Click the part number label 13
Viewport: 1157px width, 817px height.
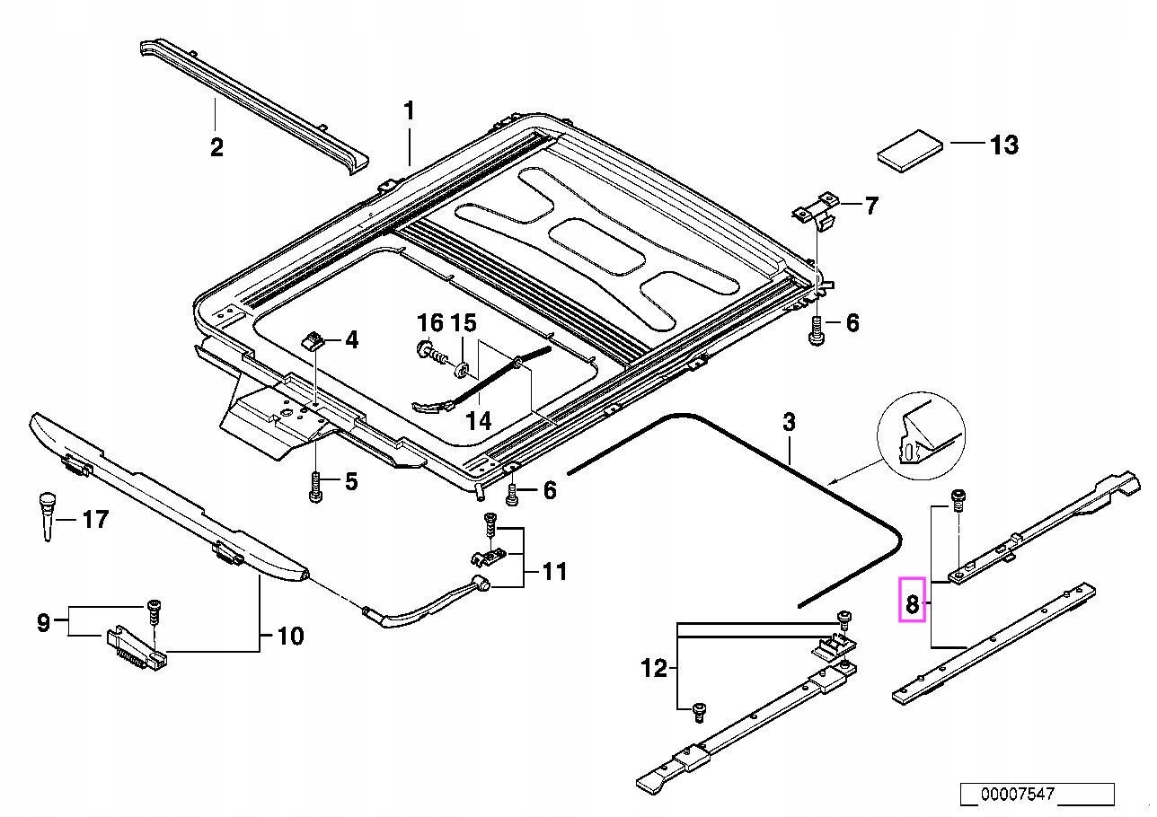click(x=1003, y=145)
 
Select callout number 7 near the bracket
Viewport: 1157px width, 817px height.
click(x=870, y=206)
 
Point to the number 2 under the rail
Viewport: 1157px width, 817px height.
click(x=216, y=146)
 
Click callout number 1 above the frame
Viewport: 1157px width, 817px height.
click(x=409, y=112)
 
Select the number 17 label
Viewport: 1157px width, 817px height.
click(x=95, y=519)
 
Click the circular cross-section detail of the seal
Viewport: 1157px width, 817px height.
click(x=923, y=435)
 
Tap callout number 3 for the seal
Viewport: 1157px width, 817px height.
click(x=789, y=422)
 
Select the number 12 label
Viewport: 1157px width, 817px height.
click(x=654, y=668)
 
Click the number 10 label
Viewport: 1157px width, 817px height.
click(x=290, y=637)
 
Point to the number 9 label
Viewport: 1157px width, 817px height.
click(x=43, y=622)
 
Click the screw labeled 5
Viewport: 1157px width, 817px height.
click(x=314, y=488)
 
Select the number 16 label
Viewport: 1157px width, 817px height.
click(x=431, y=322)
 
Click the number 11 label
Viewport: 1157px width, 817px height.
click(x=554, y=571)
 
